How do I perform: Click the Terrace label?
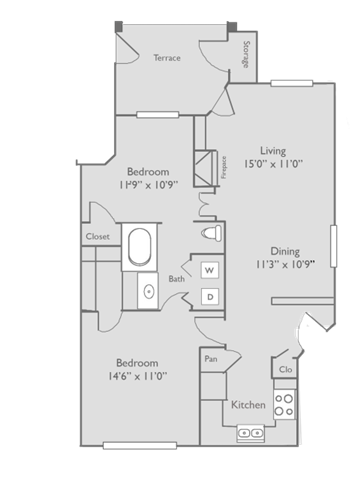[167, 58]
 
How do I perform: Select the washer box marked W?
[210, 271]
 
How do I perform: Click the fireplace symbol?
[207, 163]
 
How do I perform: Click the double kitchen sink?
[250, 433]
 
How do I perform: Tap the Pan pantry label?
[211, 358]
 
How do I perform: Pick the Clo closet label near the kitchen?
[285, 368]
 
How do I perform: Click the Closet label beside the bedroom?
[97, 237]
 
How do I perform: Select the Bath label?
[177, 279]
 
